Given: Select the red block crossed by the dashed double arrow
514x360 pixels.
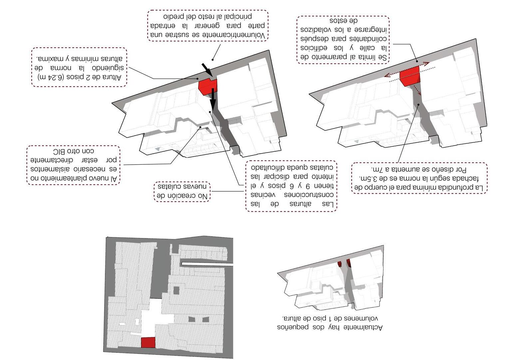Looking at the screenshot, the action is click(410, 76).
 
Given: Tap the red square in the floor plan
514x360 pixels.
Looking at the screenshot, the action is click(148, 342).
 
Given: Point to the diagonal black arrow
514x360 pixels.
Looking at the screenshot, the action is click(207, 69).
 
